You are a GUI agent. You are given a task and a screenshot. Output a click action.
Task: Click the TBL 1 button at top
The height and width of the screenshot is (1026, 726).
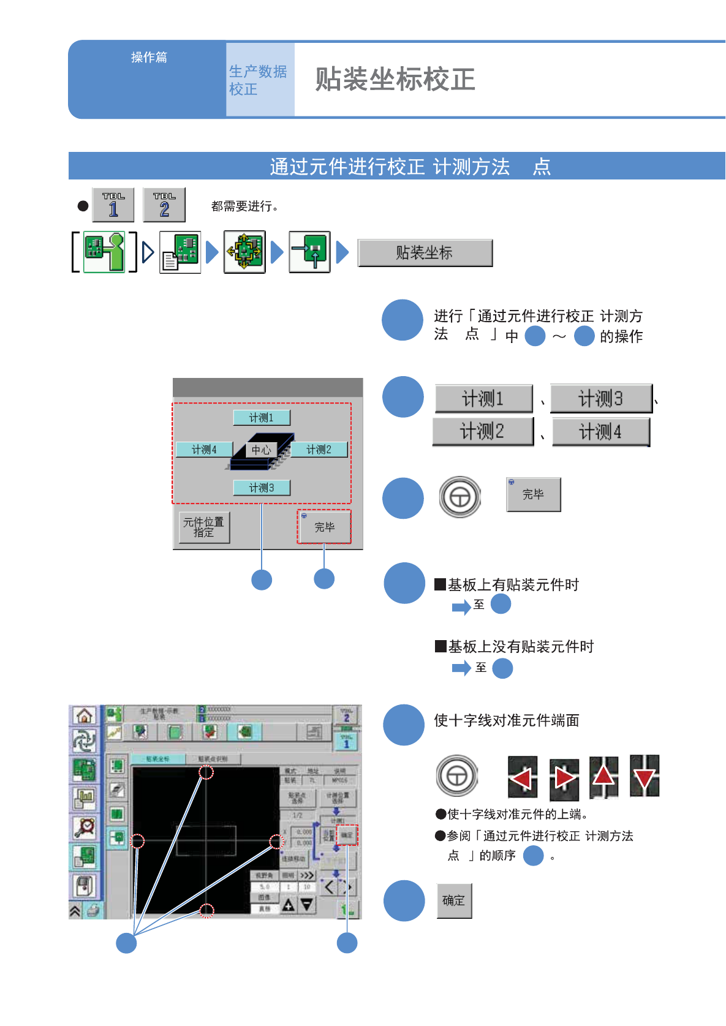113,205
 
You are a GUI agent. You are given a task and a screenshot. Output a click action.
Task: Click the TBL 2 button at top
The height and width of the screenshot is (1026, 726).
164,205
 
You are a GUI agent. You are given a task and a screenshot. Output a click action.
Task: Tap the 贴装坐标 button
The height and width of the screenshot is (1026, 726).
425,253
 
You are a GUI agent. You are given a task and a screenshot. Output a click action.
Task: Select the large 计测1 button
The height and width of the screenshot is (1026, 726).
483,399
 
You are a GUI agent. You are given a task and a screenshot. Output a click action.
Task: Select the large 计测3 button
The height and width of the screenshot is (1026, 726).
600,399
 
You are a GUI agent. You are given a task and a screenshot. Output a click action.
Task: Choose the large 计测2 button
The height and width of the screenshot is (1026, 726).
483,432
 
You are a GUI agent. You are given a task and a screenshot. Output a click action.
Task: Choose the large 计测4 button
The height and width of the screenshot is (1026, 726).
600,432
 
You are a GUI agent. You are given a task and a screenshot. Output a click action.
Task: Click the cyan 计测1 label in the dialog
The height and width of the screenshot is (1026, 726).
262,418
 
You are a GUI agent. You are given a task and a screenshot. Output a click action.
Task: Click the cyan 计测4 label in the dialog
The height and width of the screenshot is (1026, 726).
204,450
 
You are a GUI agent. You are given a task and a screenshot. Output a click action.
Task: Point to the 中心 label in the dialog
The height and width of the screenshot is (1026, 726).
261,450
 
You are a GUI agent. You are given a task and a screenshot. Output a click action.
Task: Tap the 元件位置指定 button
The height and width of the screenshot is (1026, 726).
204,527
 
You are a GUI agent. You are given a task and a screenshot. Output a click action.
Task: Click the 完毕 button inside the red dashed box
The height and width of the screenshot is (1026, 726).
324,527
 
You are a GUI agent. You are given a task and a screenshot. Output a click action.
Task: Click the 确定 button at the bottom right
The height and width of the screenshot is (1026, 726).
454,900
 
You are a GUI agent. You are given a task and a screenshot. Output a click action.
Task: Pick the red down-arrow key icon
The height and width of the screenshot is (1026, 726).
645,777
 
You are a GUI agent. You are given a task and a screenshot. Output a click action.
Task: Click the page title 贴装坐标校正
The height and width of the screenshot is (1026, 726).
395,80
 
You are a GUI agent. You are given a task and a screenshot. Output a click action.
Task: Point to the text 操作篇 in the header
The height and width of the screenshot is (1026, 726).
149,58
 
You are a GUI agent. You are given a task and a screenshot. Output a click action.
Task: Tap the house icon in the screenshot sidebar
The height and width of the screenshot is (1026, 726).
85,715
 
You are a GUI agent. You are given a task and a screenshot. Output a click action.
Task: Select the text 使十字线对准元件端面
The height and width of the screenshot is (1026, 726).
506,721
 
